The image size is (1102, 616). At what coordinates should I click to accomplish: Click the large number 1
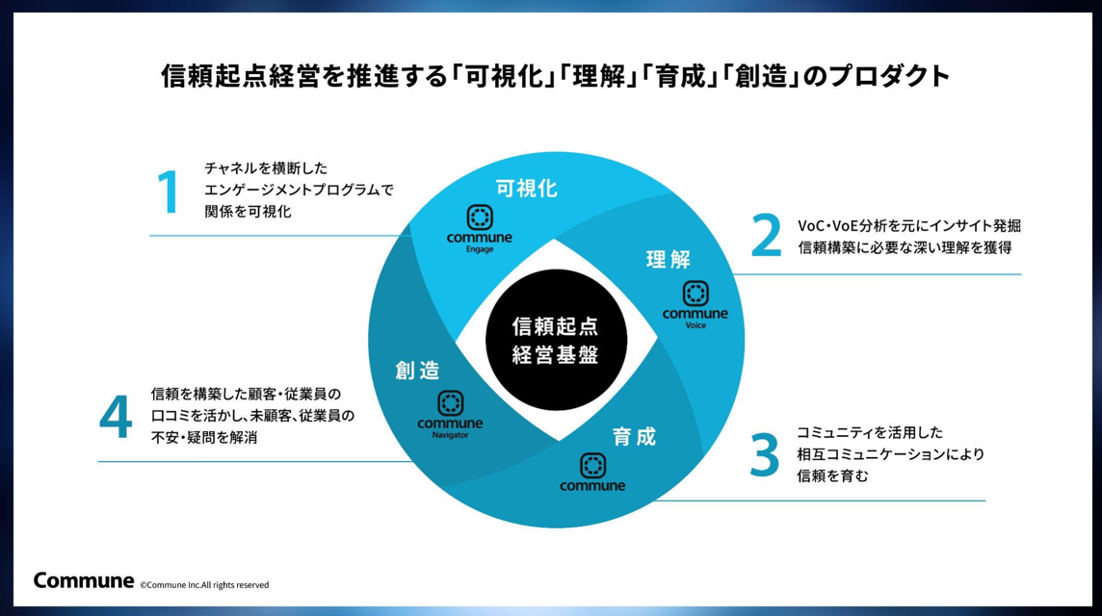(x=169, y=191)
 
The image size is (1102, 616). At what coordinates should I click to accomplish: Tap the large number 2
(x=766, y=235)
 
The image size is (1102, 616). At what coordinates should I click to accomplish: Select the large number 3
(x=765, y=454)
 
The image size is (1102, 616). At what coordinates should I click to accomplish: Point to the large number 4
(x=116, y=416)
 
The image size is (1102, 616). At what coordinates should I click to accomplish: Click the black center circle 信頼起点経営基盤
(x=556, y=340)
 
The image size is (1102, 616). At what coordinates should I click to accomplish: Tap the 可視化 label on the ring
(x=526, y=189)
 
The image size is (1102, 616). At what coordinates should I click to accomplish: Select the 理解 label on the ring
(x=669, y=259)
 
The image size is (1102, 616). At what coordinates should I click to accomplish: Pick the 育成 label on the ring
(x=634, y=437)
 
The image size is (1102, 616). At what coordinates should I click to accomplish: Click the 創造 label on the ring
(x=417, y=371)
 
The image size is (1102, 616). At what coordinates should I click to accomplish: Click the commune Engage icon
(x=480, y=217)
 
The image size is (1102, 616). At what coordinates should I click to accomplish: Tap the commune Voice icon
(x=695, y=293)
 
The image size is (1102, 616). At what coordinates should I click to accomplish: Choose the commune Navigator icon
(x=451, y=403)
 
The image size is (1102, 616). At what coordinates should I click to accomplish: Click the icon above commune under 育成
(x=592, y=465)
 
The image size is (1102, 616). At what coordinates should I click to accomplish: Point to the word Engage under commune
(x=480, y=249)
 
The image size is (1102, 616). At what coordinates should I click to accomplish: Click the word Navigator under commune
(x=451, y=435)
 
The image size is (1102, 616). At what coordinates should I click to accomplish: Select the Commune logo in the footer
(x=84, y=581)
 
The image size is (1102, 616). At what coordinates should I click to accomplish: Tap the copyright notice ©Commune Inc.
(x=204, y=585)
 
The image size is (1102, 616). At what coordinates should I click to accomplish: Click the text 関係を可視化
(x=248, y=212)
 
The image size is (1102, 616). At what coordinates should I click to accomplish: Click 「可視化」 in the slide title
(x=500, y=76)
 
